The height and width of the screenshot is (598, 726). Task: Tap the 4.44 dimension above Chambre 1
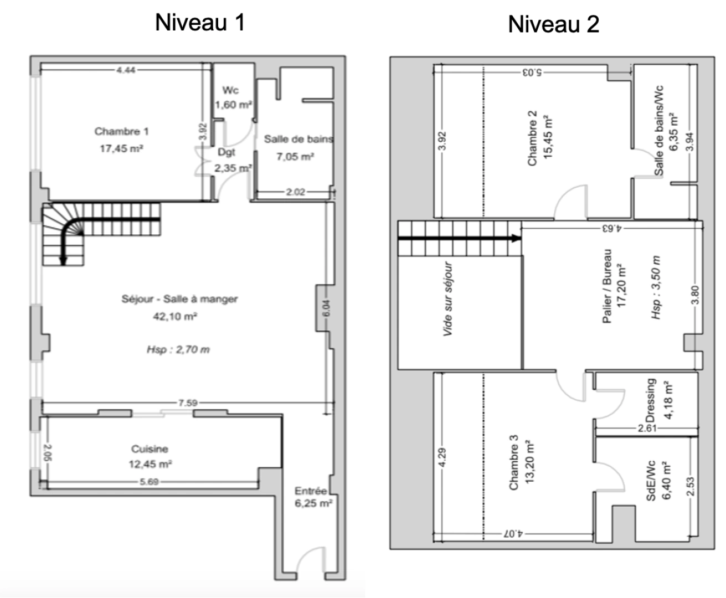point(126,70)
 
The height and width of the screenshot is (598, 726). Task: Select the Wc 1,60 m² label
point(231,97)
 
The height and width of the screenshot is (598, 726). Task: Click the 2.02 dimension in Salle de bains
point(295,192)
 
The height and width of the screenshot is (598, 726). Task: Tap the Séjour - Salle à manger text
point(179,299)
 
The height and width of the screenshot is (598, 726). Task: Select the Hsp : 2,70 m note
point(178,349)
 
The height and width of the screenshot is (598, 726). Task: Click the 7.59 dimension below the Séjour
point(188,403)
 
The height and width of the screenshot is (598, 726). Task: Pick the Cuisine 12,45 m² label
point(150,456)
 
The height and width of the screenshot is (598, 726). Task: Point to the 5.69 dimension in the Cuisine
point(149,482)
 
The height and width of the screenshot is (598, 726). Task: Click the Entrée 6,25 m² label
point(313,497)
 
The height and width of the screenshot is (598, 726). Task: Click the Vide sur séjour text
point(448,299)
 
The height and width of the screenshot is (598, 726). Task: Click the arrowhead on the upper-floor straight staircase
point(516,239)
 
